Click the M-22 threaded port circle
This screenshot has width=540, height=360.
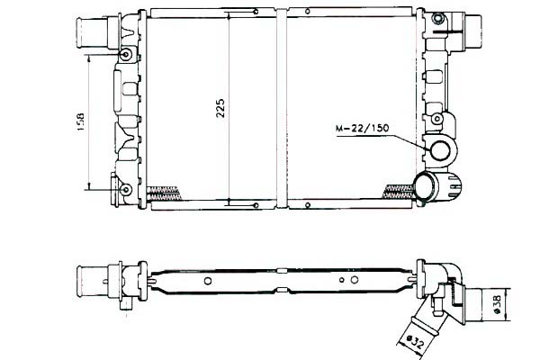[443, 152]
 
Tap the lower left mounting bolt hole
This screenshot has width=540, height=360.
[125, 189]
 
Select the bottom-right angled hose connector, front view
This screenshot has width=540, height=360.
[440, 185]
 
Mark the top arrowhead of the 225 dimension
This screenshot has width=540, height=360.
[229, 15]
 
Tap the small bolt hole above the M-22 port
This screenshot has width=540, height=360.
[437, 119]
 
